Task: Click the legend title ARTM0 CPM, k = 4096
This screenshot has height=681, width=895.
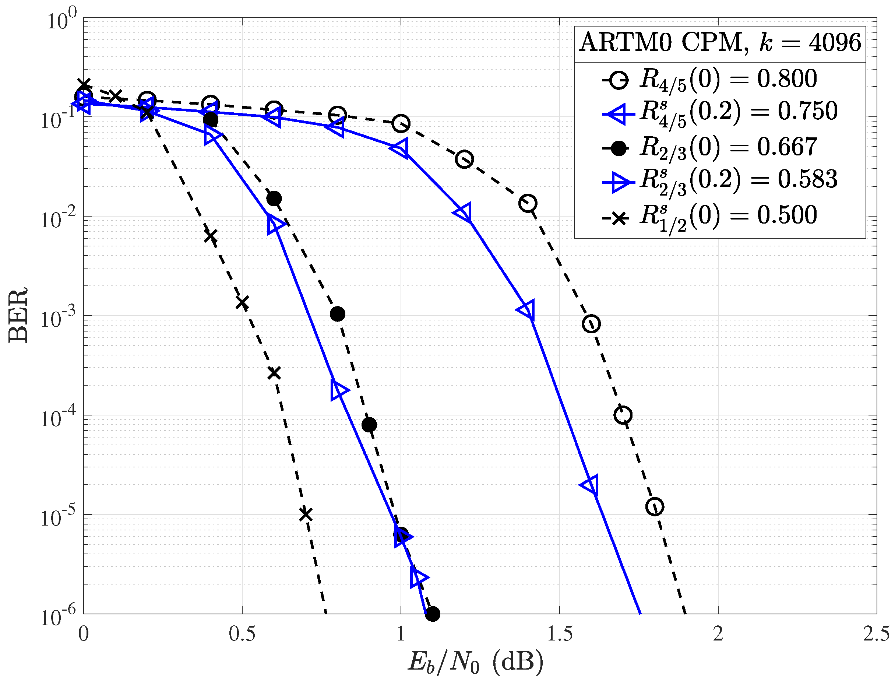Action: [x=719, y=43]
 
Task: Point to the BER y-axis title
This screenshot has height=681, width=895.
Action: [x=18, y=315]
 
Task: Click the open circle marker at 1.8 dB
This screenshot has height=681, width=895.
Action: [x=655, y=507]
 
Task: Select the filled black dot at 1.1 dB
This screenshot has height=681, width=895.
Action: [x=433, y=614]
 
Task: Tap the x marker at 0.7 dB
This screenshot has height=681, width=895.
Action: [x=306, y=515]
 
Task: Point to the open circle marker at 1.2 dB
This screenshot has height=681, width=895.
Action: [x=464, y=159]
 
